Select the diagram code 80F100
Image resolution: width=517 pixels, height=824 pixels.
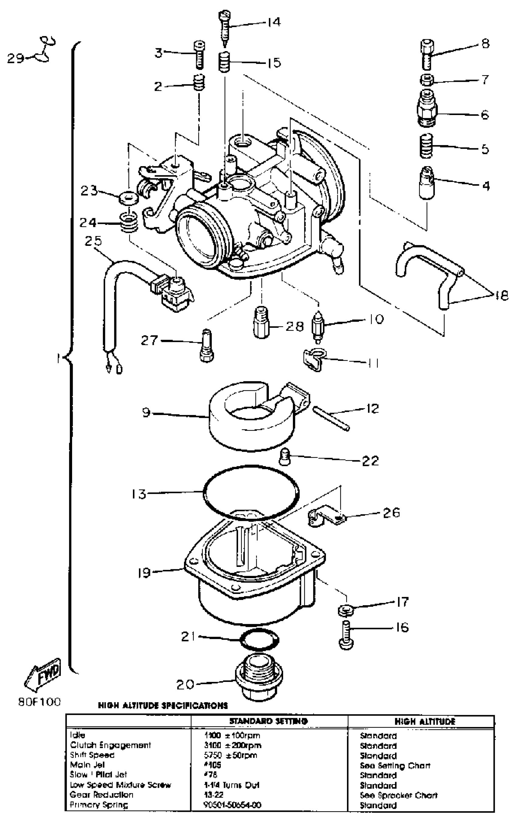pos(39,702)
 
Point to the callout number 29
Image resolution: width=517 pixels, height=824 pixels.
pos(16,58)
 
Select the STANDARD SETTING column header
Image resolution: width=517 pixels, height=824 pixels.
pos(269,721)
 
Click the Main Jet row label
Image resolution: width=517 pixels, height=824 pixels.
pos(87,765)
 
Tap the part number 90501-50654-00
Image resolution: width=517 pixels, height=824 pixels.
pos(232,805)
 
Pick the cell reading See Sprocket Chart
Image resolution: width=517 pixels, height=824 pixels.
pos(399,795)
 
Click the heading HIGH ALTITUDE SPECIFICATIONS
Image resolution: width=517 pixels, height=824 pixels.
pos(162,705)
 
